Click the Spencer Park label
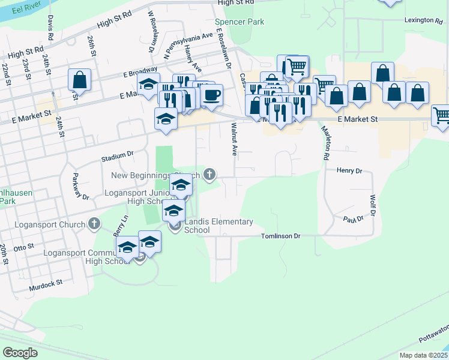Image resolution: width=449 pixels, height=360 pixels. (x=240, y=22)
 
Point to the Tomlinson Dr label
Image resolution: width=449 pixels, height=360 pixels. (x=280, y=236)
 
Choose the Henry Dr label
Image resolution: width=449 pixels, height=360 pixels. (x=349, y=171)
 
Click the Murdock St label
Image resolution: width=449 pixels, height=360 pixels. (x=46, y=285)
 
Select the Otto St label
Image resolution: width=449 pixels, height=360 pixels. (x=24, y=247)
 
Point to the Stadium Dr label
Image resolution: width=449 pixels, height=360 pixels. (x=116, y=157)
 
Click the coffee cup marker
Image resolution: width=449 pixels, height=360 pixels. (x=211, y=94)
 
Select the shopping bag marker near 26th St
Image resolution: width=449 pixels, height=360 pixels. (x=79, y=80)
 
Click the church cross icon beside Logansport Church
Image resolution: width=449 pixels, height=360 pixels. (x=94, y=224)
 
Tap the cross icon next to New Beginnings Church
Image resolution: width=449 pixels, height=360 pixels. (x=209, y=175)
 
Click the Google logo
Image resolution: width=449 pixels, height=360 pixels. (x=20, y=353)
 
